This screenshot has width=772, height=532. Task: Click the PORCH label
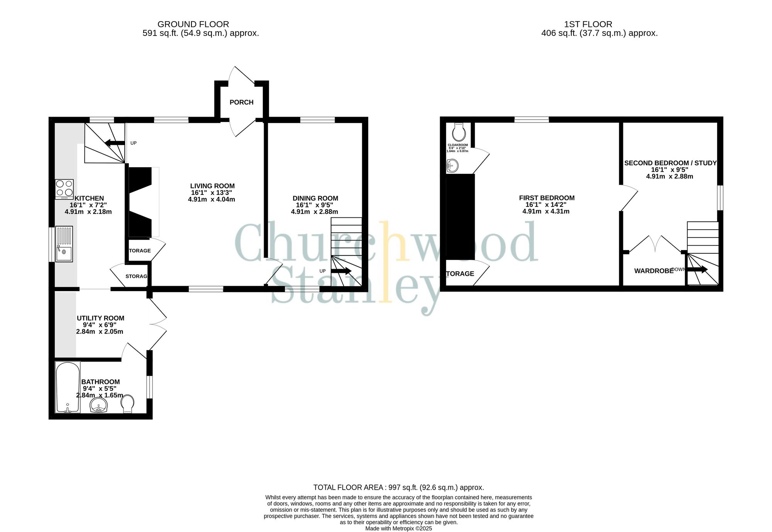pos(241,102)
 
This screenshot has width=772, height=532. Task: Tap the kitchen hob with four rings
pos(64,189)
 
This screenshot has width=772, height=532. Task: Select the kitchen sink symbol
pos(64,244)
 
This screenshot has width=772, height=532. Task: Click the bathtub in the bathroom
pos(68,387)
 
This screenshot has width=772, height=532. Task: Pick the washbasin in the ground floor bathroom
pos(99,406)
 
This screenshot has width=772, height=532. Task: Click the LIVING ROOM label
pos(212,186)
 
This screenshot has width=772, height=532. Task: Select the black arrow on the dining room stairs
pos(341,271)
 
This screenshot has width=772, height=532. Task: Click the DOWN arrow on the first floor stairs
pos(697,269)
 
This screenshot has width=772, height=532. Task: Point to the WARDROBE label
pos(653,271)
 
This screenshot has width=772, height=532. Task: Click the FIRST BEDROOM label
pos(547,198)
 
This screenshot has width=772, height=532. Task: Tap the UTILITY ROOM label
pos(100,318)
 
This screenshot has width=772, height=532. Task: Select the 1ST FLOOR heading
pos(588,24)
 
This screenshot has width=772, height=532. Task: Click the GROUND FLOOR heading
pos(193,24)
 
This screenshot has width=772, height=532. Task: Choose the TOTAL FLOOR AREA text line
pos(398,488)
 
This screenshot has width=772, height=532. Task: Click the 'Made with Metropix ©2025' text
pos(398,529)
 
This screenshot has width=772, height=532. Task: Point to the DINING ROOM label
pos(315,198)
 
